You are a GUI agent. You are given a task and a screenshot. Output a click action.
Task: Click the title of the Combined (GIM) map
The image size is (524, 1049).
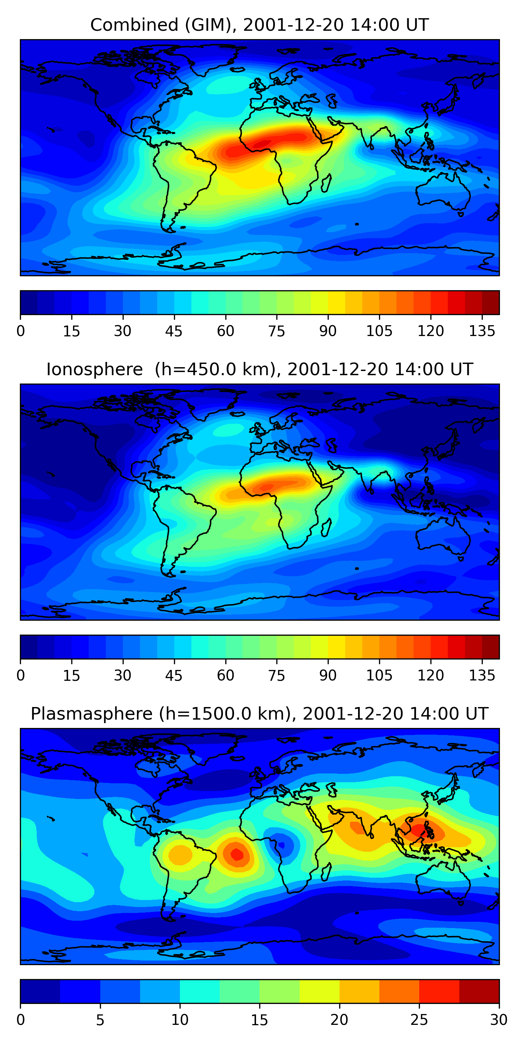[259, 25]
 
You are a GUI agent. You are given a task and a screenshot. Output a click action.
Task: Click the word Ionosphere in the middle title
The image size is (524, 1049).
[94, 370]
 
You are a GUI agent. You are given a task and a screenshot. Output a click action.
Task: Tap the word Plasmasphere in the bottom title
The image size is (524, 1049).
[91, 714]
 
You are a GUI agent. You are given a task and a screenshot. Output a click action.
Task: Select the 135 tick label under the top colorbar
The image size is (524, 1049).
[482, 331]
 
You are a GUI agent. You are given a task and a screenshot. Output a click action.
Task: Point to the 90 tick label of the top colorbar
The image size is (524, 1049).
[328, 331]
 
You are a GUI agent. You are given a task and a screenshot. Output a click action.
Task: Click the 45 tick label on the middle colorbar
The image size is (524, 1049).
[174, 676]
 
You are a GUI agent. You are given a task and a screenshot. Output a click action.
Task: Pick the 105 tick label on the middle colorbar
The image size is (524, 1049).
[379, 676]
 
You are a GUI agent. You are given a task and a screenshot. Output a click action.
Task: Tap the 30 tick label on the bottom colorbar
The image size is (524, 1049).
[498, 1020]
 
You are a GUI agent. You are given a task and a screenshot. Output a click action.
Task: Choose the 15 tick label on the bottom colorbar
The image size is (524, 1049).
[259, 1020]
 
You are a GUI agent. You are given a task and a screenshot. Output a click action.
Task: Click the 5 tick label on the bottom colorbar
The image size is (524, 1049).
[100, 1020]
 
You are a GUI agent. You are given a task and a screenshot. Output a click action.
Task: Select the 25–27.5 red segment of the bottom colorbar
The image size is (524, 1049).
[439, 992]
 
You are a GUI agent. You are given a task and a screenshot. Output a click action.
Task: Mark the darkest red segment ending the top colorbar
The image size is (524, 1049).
[491, 302]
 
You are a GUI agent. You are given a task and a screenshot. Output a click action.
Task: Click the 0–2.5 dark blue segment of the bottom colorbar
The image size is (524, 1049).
[40, 992]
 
